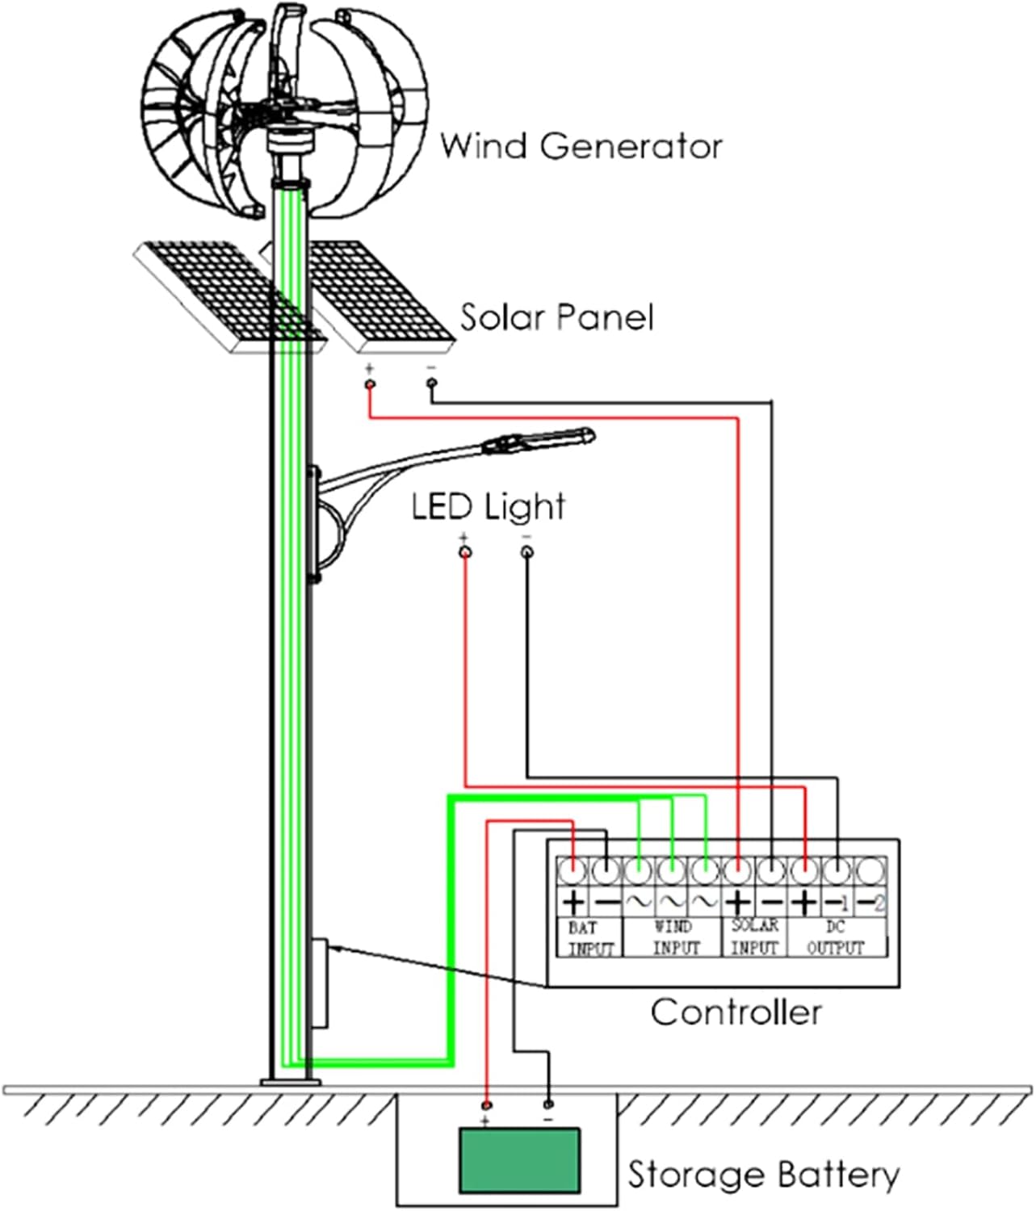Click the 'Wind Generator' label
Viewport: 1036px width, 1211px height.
tap(581, 147)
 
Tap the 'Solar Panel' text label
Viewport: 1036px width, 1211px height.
tap(556, 317)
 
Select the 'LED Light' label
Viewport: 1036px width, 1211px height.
tap(488, 507)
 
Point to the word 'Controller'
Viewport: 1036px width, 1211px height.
tap(736, 1012)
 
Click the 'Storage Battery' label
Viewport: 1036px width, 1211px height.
tap(763, 1175)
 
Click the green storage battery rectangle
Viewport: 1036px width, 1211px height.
tap(519, 1161)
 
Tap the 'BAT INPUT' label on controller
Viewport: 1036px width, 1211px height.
tap(590, 938)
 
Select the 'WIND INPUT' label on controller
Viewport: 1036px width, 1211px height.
tap(674, 937)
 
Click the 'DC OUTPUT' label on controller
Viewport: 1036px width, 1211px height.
tap(836, 937)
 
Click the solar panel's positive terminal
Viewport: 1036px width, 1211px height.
tap(370, 384)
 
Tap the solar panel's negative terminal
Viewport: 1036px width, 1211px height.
tap(431, 383)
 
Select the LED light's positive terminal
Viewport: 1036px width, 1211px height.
tap(464, 552)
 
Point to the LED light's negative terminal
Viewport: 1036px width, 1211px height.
tap(526, 552)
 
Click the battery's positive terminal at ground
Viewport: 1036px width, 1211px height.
tap(486, 1104)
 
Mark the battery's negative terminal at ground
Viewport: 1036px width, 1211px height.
tap(549, 1103)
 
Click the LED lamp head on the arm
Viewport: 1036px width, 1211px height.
tap(539, 441)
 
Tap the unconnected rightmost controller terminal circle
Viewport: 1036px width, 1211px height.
tap(870, 871)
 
